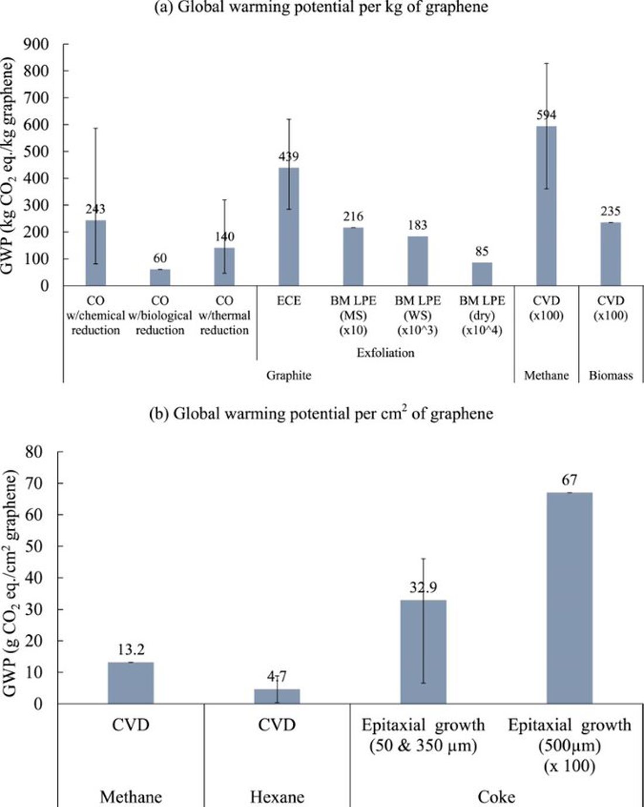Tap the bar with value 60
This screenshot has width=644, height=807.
click(160, 277)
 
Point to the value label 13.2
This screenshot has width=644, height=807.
click(131, 650)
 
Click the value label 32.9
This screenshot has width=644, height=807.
click(423, 587)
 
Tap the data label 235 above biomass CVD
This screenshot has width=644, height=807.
click(611, 211)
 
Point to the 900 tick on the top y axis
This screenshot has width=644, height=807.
click(36, 44)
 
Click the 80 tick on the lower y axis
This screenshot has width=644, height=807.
click(34, 451)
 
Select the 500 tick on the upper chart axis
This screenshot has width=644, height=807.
click(36, 151)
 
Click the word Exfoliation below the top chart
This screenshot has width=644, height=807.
click(385, 353)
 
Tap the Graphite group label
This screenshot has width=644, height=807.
click(289, 375)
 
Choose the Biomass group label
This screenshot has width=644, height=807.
click(611, 375)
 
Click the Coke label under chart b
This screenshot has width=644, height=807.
click(496, 796)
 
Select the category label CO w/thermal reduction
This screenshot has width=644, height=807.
click(224, 315)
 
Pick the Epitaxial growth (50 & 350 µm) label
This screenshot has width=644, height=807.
click(423, 735)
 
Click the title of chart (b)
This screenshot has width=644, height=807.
click(321, 413)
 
